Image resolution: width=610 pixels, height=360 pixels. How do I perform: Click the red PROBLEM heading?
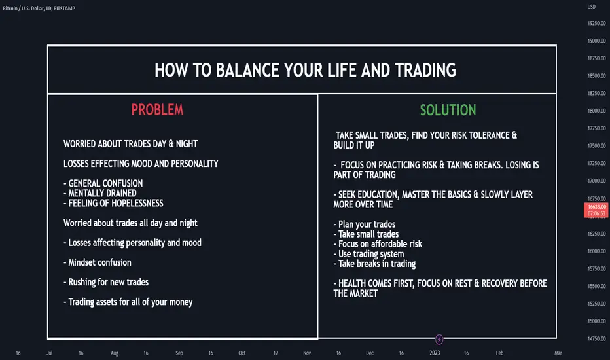[x=157, y=110]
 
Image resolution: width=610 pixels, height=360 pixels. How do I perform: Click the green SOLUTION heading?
[x=448, y=110]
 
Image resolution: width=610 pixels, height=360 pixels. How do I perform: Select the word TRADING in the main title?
[x=425, y=70]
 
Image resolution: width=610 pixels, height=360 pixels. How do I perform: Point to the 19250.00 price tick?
[x=596, y=24]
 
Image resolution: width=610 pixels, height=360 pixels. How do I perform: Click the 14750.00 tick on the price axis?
[x=596, y=338]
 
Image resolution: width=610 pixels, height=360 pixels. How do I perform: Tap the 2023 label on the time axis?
[x=435, y=353]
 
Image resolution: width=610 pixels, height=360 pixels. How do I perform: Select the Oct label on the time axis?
[x=242, y=353]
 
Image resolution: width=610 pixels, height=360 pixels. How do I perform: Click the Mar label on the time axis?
[x=558, y=353]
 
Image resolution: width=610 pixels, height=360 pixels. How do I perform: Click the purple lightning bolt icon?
[x=439, y=339]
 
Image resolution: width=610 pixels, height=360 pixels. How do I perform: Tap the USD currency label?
[x=591, y=7]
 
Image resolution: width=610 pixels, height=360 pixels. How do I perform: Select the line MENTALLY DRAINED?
[x=100, y=193]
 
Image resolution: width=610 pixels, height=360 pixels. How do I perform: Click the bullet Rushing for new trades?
[x=106, y=282]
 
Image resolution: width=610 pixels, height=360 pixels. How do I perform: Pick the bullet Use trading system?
[x=368, y=254]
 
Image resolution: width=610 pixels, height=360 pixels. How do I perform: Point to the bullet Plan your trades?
[x=365, y=224]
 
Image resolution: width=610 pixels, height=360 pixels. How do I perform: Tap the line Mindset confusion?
[x=98, y=262]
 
